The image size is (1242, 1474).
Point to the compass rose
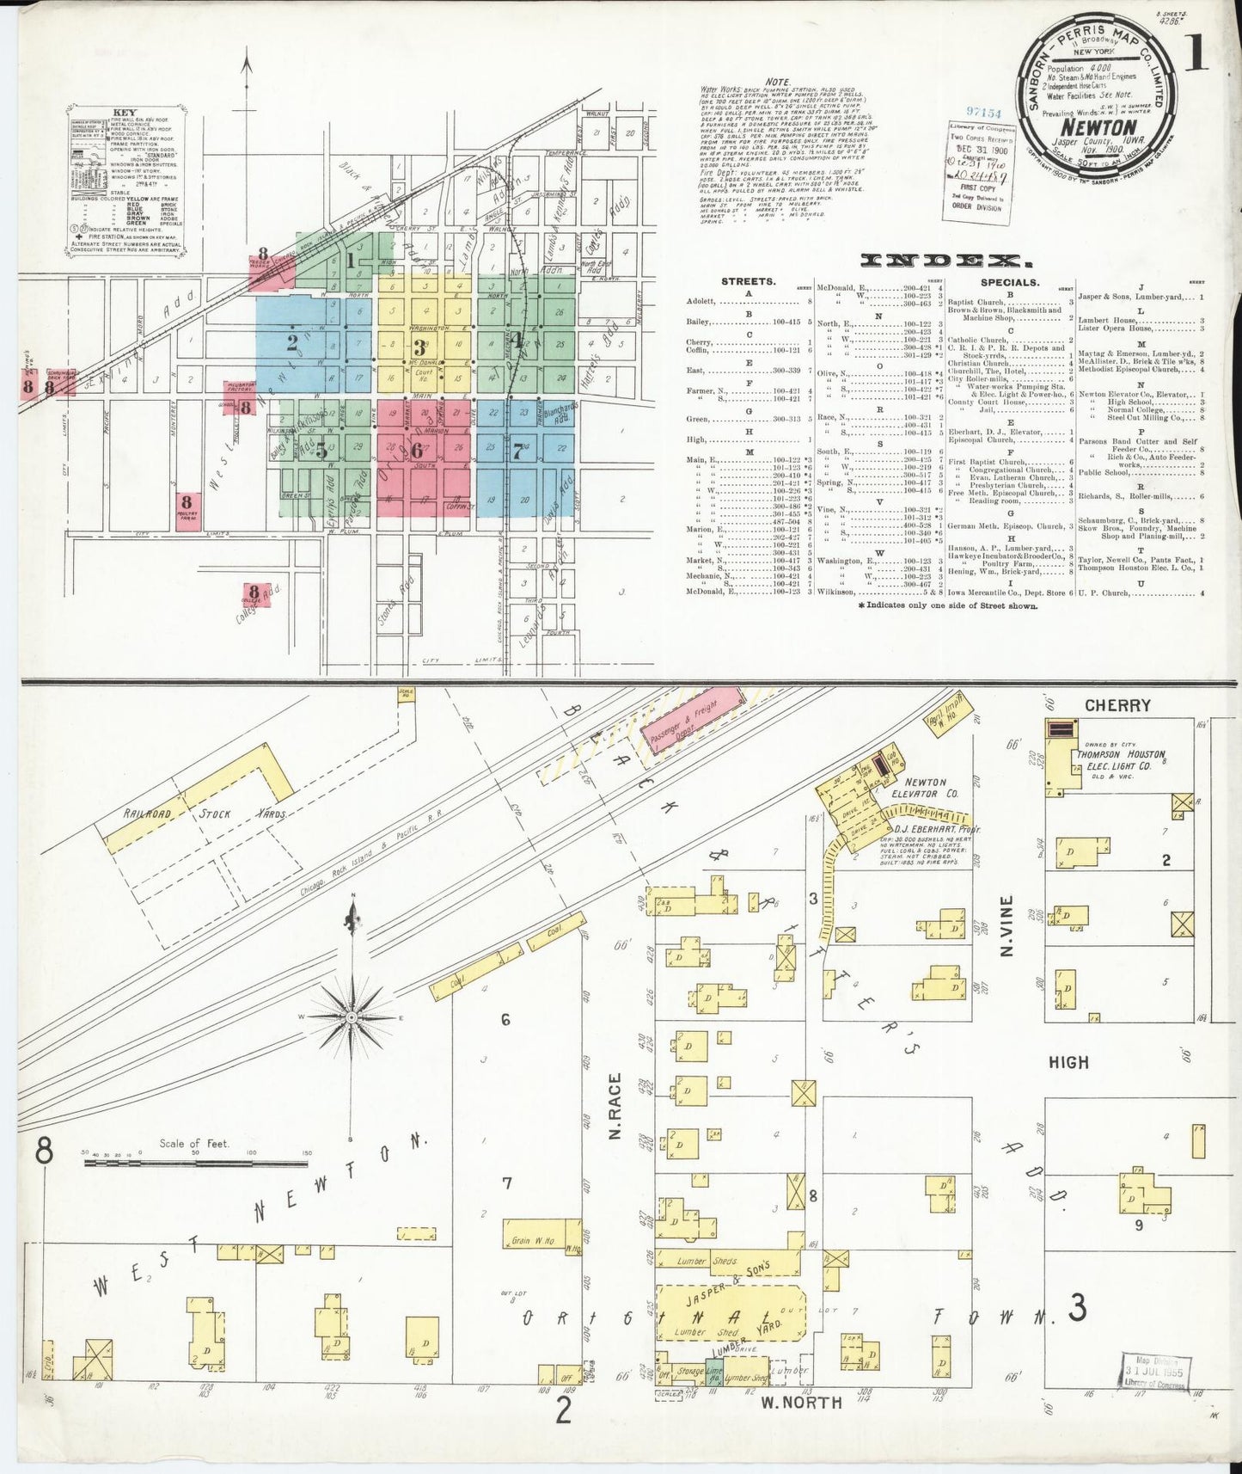click(x=352, y=1017)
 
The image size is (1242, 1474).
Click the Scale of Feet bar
click(x=195, y=1164)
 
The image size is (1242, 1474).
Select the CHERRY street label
click(x=1117, y=705)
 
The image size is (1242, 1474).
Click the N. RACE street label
click(x=615, y=1106)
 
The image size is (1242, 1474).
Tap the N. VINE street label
click(x=1008, y=927)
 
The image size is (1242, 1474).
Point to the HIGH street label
click(x=1068, y=1063)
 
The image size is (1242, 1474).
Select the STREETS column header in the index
click(x=748, y=281)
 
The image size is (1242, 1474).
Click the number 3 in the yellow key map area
click(x=419, y=347)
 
